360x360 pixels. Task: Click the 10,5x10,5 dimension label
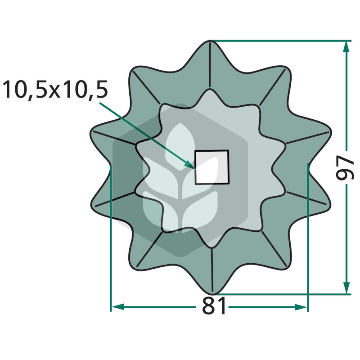pyautogui.click(x=55, y=90)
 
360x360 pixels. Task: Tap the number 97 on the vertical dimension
pyautogui.click(x=345, y=167)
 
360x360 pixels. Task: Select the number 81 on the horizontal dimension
pyautogui.click(x=214, y=306)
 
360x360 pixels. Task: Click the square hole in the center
pyautogui.click(x=211, y=167)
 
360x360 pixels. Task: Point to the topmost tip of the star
pyautogui.click(x=210, y=40)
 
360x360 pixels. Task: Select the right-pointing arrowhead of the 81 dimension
pyautogui.click(x=301, y=307)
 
